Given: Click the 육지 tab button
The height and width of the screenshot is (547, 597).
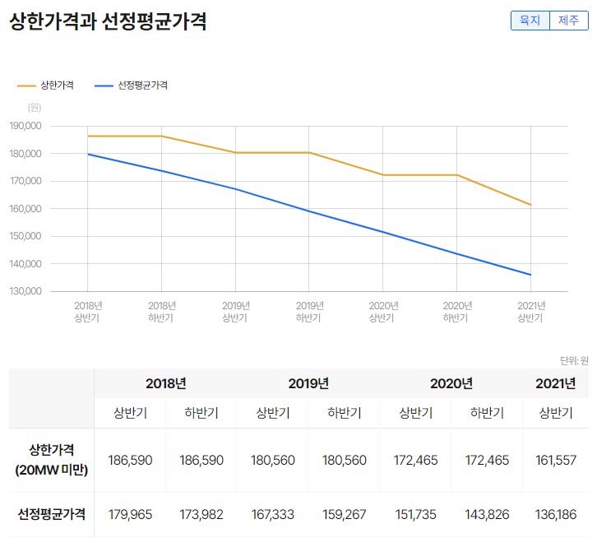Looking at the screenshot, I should (530, 21).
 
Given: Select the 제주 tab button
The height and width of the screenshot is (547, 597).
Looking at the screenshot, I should (568, 21).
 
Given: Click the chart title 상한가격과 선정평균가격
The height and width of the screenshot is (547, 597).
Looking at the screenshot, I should (108, 22).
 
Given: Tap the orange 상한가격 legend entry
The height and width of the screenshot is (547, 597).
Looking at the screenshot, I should (46, 85).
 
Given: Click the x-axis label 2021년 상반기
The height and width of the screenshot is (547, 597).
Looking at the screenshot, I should (531, 311).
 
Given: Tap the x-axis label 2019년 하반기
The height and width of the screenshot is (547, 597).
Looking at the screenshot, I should (309, 311).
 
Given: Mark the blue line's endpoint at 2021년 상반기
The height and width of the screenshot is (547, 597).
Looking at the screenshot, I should (531, 275).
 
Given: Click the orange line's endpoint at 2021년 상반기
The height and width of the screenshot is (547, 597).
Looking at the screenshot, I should (531, 205).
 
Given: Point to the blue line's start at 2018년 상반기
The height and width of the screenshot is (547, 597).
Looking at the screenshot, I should (87, 154).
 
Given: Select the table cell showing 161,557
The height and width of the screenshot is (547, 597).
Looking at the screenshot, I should (556, 460).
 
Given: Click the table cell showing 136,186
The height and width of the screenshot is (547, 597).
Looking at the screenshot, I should (556, 514).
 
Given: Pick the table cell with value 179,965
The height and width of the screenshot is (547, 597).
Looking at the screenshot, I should (130, 514).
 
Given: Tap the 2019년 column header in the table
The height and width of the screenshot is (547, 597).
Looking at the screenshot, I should (308, 383).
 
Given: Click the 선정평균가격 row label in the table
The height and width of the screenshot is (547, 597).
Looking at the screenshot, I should (52, 514).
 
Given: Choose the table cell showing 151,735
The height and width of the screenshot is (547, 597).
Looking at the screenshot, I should (416, 514).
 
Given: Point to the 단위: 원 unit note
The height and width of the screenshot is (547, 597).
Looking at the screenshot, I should (574, 360).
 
